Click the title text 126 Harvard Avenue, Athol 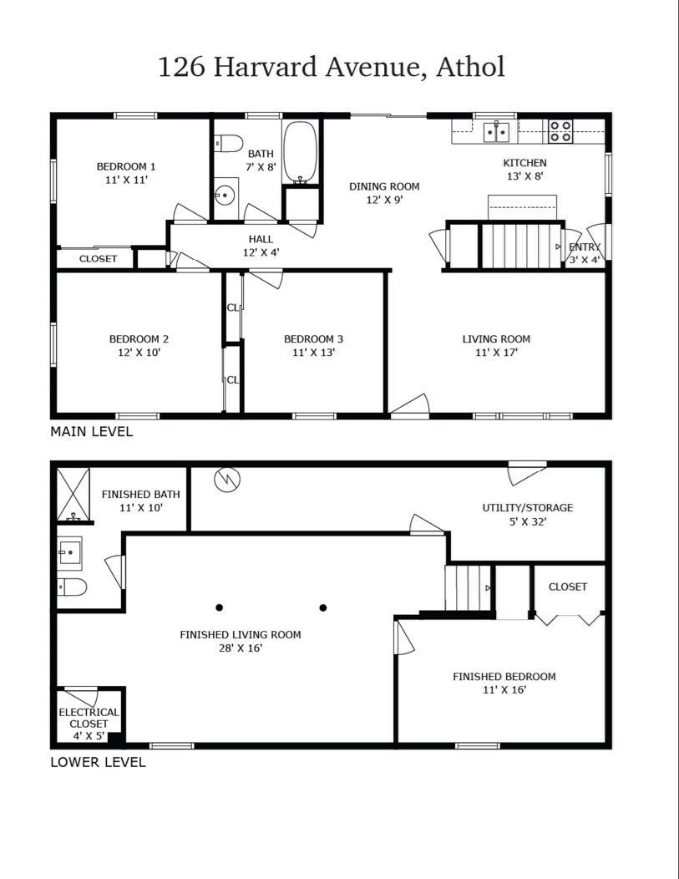coord(332,67)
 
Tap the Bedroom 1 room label coord(126,166)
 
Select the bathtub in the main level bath coord(300,152)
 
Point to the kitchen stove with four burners coord(560,131)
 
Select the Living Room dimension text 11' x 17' coord(496,353)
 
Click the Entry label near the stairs coord(584,247)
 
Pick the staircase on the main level coord(519,245)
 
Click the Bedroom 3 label coord(313,339)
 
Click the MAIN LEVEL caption coord(91,432)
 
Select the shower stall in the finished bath coord(73,494)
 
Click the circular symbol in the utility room coord(226,480)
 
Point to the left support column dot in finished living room coord(219,607)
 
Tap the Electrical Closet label coord(89,718)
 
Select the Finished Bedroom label coord(504,677)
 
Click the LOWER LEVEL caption coord(98,762)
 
